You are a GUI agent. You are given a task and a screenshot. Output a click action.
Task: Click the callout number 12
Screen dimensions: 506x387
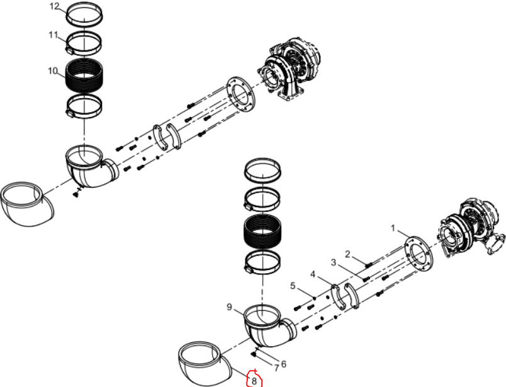pos(55,6)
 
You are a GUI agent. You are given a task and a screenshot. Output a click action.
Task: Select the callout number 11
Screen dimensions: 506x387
pos(53,35)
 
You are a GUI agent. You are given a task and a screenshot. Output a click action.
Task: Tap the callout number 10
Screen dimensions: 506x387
pos(52,70)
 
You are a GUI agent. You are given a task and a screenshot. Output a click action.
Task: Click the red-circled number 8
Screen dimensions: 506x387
pos(254,381)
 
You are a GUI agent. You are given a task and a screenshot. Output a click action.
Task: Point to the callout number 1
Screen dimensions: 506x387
pos(393,228)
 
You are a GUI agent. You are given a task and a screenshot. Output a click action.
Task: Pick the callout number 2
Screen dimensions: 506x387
pos(347,254)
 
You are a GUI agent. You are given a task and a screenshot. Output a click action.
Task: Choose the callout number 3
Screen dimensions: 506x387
pos(334,262)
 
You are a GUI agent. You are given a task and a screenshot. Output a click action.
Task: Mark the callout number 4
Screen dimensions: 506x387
pos(313,274)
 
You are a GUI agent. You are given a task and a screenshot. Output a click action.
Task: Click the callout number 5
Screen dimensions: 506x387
pos(293,286)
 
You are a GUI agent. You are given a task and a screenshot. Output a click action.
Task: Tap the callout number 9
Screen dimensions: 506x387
pos(229,306)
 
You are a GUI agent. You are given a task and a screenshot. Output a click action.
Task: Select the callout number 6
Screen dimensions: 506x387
pos(284,364)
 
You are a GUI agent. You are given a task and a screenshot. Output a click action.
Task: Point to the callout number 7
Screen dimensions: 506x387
pos(276,367)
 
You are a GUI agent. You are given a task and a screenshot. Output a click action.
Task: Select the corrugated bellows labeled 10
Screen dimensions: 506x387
pos(84,76)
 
